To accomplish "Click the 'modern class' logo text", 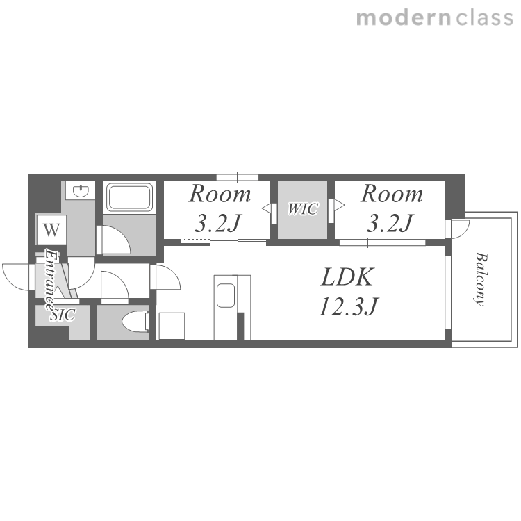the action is [x=435, y=18].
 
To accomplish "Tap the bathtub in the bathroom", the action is [x=129, y=197].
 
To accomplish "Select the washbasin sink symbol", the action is [x=81, y=191].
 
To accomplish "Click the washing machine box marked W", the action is [x=51, y=230].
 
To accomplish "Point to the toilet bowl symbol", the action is [x=135, y=322].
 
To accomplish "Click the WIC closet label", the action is [x=303, y=209].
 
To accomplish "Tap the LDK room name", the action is [x=347, y=276].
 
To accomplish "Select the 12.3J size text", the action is [x=348, y=306].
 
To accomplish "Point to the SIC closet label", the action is [x=63, y=315].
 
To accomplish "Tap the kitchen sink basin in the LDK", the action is [x=226, y=295].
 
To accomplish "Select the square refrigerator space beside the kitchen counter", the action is [x=172, y=326].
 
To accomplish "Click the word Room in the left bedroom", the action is [x=220, y=194].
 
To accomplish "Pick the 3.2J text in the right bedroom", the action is [x=390, y=223].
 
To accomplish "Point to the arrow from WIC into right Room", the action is [x=339, y=206].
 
